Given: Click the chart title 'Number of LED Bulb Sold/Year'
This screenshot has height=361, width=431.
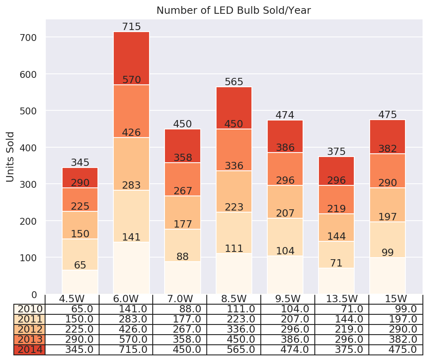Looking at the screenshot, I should [234, 11].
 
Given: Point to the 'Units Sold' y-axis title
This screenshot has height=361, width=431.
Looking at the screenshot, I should [11, 157].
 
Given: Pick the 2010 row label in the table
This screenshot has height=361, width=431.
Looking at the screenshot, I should [30, 309].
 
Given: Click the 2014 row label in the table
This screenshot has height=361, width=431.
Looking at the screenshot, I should [30, 349].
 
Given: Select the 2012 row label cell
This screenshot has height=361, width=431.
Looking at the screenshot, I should [30, 329].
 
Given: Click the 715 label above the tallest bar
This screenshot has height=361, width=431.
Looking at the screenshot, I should [131, 27].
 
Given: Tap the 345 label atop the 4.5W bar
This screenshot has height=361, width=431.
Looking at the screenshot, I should [80, 163].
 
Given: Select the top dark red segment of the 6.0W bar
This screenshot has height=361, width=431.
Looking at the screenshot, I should [131, 57].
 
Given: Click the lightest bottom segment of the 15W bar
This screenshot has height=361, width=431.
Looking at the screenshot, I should [388, 276].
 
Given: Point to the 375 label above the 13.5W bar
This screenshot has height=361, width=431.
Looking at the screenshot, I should [336, 152].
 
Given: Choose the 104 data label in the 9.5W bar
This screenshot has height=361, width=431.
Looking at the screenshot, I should [285, 251].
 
